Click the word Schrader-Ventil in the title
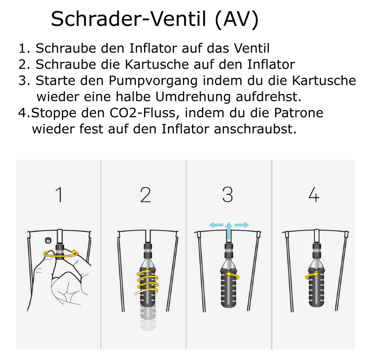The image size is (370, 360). tap(128, 20)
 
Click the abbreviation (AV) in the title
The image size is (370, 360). tap(235, 20)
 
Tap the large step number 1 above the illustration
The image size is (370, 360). tap(60, 194)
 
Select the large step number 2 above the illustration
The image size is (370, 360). tap(146, 194)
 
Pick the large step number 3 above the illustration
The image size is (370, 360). tap(227, 194)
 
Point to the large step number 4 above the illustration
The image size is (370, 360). tap(314, 194)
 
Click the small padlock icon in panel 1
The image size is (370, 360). tap(48, 240)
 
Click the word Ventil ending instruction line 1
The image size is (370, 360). tap(251, 48)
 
